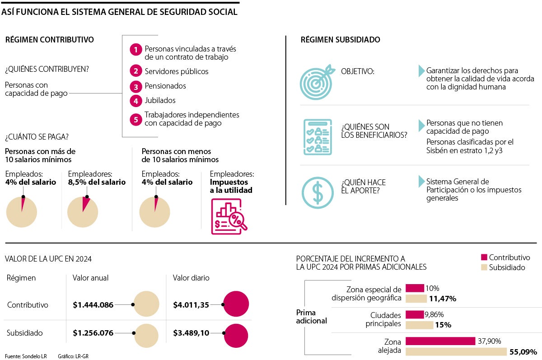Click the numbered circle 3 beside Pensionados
coord(135,86)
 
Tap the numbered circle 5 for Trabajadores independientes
coord(135,119)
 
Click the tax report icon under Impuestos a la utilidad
coord(229,216)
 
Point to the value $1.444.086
coord(93,305)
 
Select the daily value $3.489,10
coord(191,333)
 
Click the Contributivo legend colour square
coord(484,257)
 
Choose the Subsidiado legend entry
coord(502,267)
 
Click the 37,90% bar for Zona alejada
coord(440,341)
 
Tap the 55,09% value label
coord(523,351)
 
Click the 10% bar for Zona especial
coord(415,288)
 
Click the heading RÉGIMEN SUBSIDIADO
coord(340,40)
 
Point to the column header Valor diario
coord(191,278)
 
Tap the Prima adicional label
coord(312,317)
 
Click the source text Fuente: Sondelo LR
coord(26,356)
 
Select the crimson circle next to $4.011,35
coord(236,305)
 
